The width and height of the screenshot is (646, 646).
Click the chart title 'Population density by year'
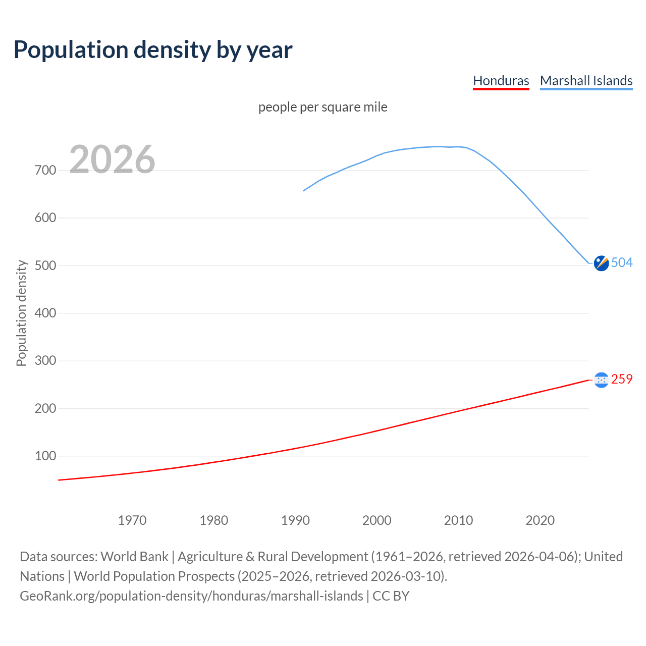tap(153, 50)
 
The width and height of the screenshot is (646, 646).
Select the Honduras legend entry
tap(501, 81)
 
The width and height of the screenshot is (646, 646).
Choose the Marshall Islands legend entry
tap(586, 81)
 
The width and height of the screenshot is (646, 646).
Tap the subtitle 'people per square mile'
tap(322, 107)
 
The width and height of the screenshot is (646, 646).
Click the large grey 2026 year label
tap(112, 159)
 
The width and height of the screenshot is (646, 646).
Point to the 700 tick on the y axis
tap(45, 171)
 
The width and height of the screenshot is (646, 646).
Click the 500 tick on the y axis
tap(45, 265)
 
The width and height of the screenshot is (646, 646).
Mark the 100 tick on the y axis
tap(45, 456)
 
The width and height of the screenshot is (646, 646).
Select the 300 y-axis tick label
tap(45, 361)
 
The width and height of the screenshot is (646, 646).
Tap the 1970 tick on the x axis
tap(132, 520)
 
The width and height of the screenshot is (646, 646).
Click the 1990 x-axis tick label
tap(295, 520)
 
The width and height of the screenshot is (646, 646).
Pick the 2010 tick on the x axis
tap(458, 520)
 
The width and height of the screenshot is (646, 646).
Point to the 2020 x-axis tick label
tap(540, 520)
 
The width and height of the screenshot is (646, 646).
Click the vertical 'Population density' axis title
tap(21, 313)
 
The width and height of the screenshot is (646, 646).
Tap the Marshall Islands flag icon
tap(601, 263)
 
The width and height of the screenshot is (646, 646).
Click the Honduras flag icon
tap(601, 380)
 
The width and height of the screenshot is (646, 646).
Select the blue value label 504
tap(622, 262)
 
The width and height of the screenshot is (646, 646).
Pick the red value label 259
tap(622, 379)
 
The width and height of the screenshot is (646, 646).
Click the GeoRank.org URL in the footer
tap(191, 596)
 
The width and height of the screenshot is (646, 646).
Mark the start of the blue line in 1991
tap(304, 190)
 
